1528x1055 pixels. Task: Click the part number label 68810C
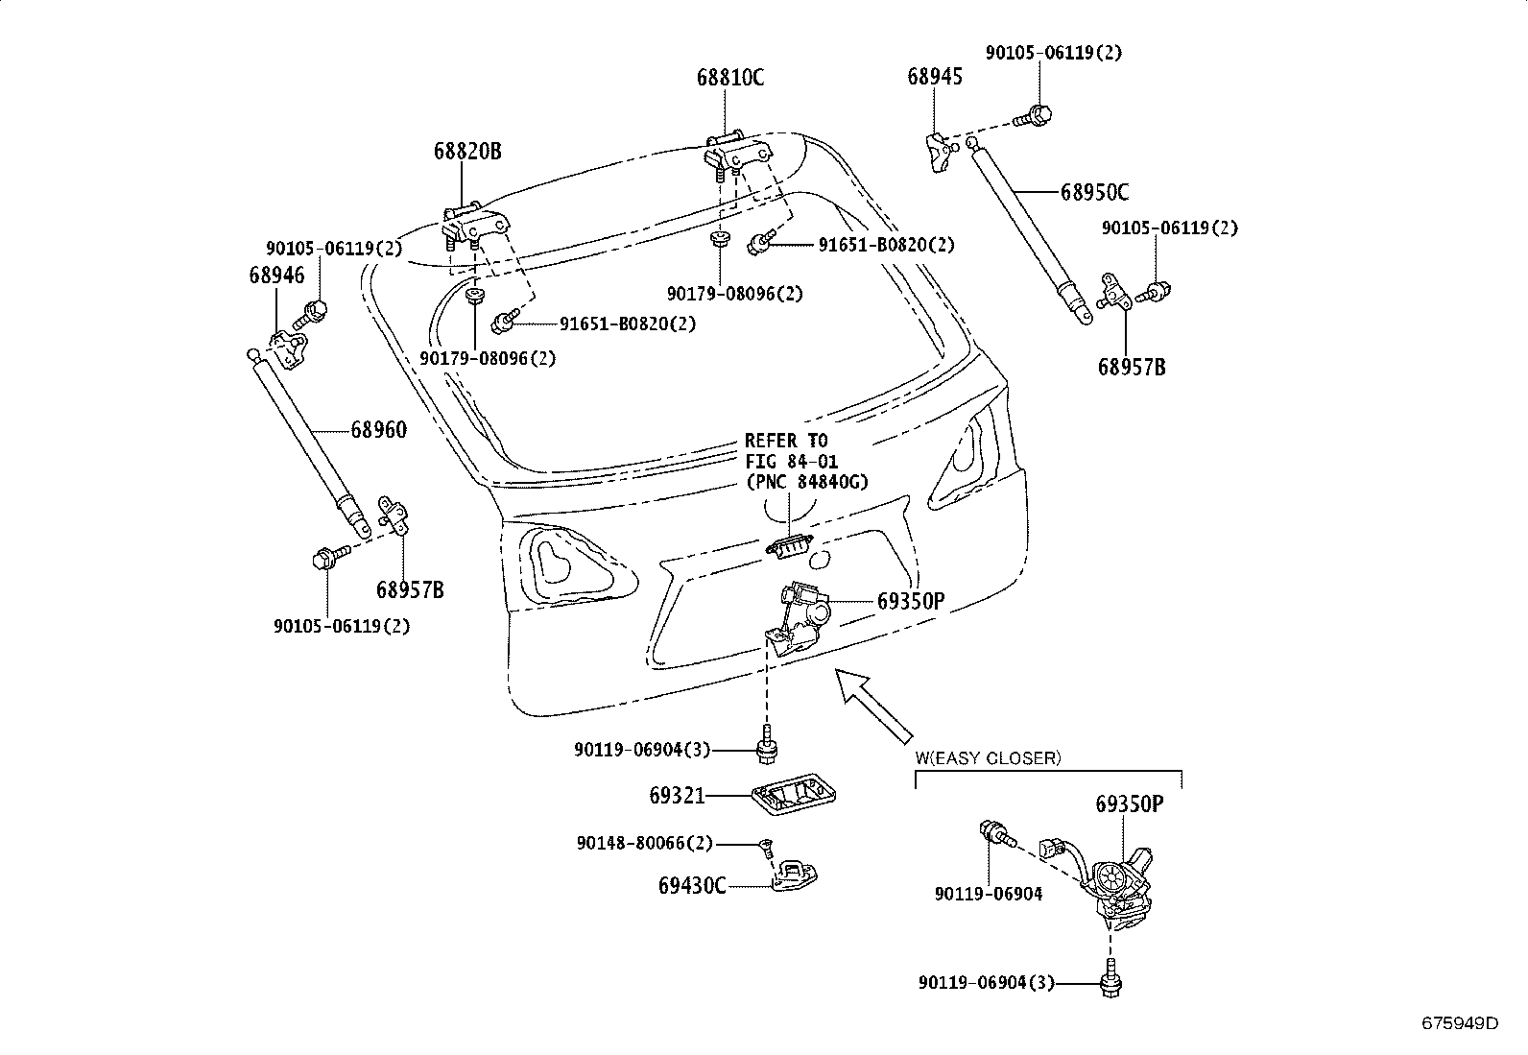pos(730,78)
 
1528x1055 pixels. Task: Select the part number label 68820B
pos(467,151)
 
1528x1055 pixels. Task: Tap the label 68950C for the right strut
pos(1094,192)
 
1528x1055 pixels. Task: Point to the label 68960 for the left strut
pos(378,430)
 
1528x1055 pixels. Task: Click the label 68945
pos(935,76)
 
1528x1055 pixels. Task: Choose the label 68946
pos(276,275)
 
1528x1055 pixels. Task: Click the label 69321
pos(677,795)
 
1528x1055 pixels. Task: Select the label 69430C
pos(692,885)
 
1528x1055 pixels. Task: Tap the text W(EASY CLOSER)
pos(988,757)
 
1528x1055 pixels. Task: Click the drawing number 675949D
pos(1460,1022)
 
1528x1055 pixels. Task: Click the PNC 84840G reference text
pos(805,482)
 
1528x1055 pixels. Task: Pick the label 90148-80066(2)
pos(645,843)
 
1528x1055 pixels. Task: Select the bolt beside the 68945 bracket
pos(1038,115)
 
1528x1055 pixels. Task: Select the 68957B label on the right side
pos(1132,367)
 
